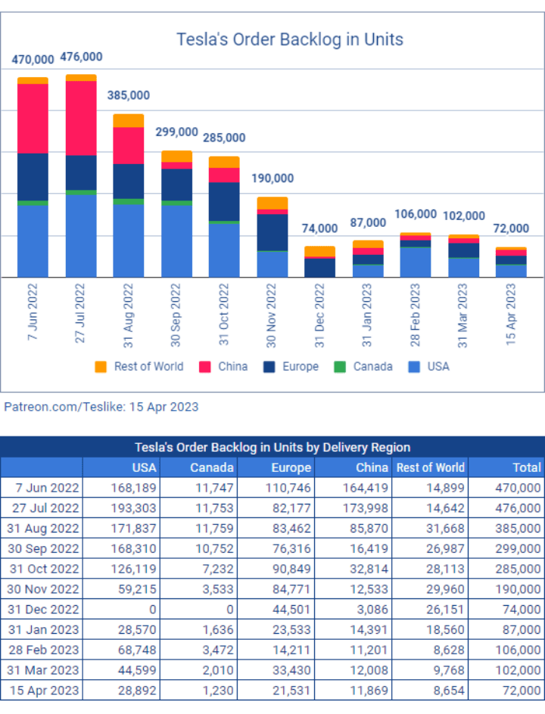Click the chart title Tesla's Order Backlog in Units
pos(289,39)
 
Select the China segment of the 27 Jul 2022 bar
pos(81,118)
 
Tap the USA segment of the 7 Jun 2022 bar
pos(33,241)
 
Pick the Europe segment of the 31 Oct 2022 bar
pos(224,202)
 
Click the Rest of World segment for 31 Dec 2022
pos(319,251)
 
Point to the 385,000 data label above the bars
pos(128,95)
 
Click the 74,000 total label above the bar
pos(319,228)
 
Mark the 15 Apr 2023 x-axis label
pos(512,313)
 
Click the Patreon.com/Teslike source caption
pos(101,407)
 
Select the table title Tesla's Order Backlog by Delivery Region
pos(272,447)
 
